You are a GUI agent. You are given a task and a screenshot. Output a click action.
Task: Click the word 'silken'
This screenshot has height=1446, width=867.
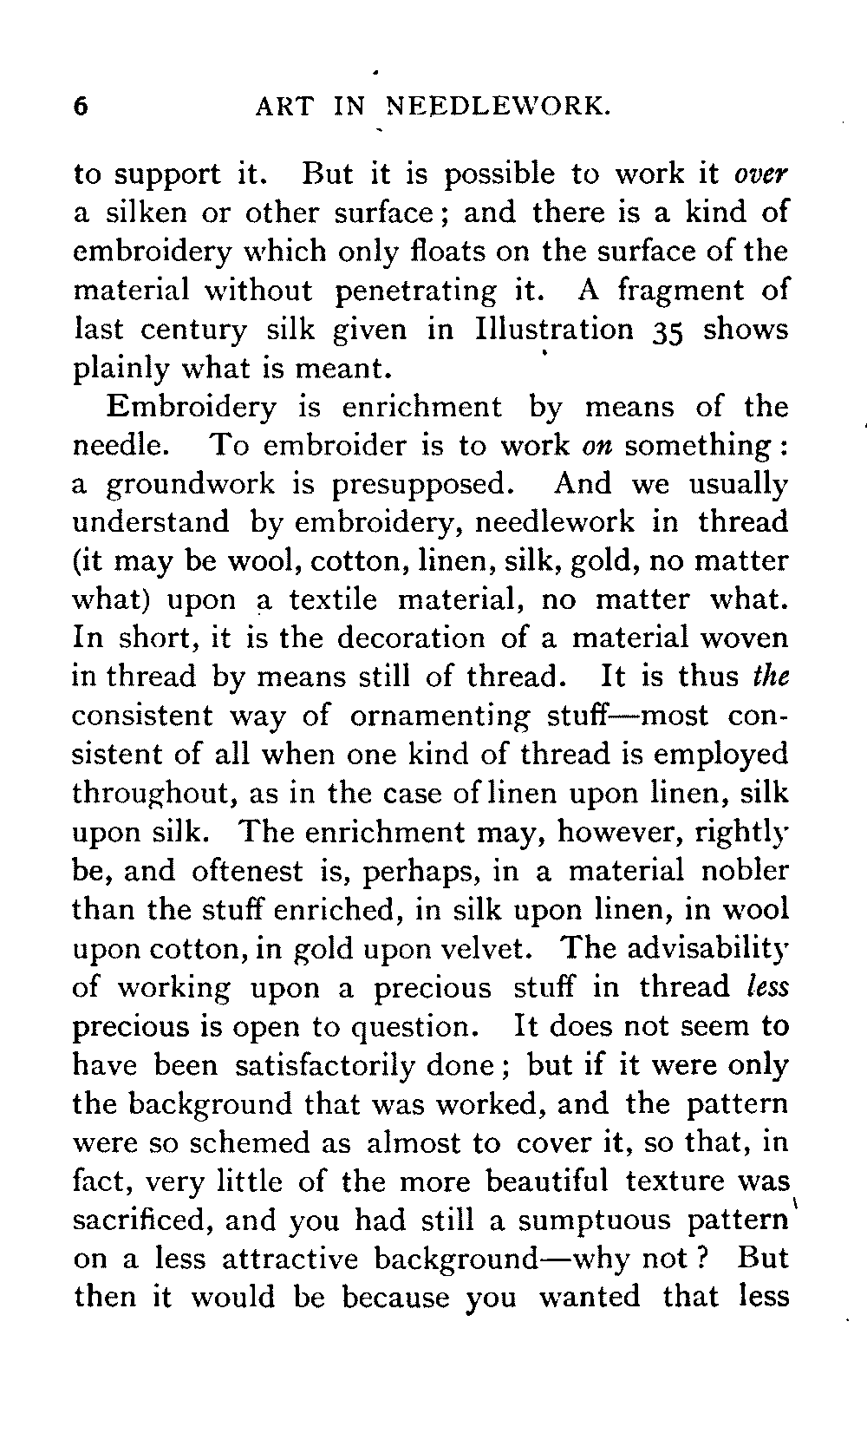tap(142, 213)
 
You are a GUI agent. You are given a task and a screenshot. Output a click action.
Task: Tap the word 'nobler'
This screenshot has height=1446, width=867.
tap(746, 871)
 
